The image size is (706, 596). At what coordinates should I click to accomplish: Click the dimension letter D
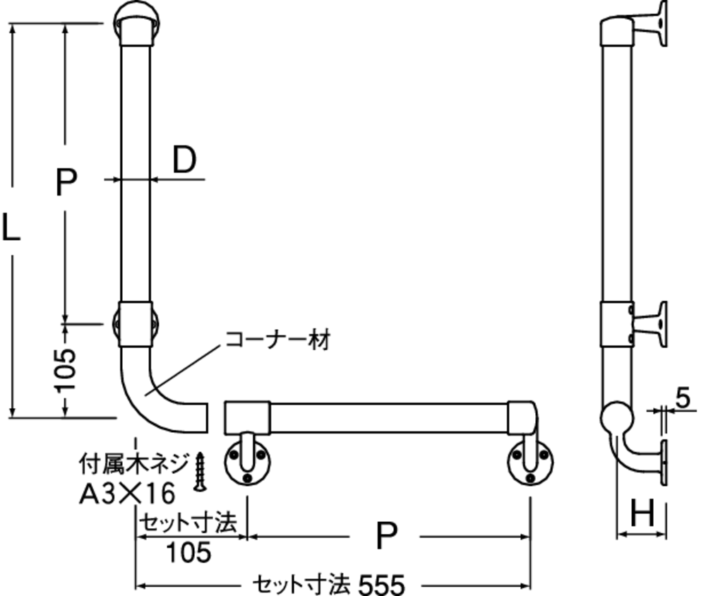184,160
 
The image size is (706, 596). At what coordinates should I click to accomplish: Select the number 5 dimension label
683,399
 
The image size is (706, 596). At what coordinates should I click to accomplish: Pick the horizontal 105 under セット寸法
189,553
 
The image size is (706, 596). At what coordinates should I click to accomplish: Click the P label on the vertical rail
66,181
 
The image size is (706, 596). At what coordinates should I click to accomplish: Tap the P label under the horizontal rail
386,536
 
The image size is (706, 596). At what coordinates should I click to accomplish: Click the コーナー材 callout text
277,340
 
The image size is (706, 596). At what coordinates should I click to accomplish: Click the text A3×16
127,494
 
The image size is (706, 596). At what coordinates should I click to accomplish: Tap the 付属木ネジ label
133,464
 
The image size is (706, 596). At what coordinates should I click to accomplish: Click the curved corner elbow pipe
140,396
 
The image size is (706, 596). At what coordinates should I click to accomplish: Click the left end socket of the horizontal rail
247,418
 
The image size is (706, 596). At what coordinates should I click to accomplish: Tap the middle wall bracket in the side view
648,325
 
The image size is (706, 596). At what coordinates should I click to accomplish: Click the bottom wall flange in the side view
664,463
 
